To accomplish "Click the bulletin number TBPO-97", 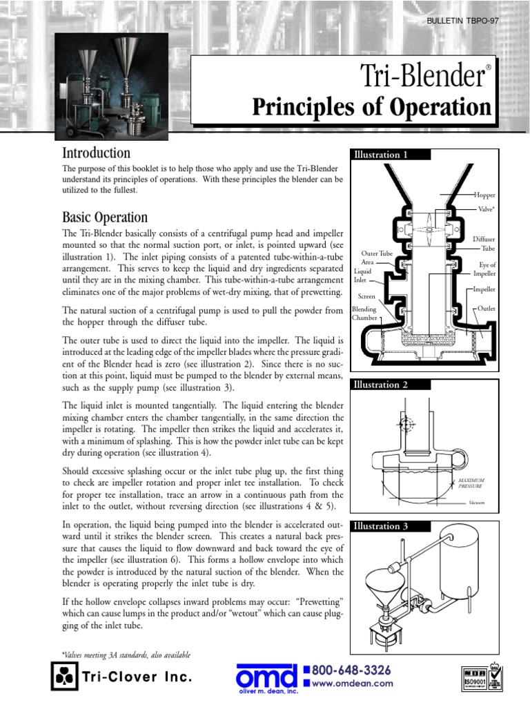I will pos(462,21).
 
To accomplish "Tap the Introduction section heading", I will pos(96,153).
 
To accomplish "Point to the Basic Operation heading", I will pos(104,218).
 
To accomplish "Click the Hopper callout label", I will pos(484,196).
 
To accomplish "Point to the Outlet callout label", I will pos(486,309).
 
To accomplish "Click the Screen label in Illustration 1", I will pos(366,296).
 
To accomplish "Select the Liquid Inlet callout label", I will pos(363,276).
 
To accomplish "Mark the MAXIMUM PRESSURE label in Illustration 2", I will pos(473,482).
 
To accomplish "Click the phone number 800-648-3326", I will pos(352,670).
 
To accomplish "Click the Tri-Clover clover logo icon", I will pos(61,677).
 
